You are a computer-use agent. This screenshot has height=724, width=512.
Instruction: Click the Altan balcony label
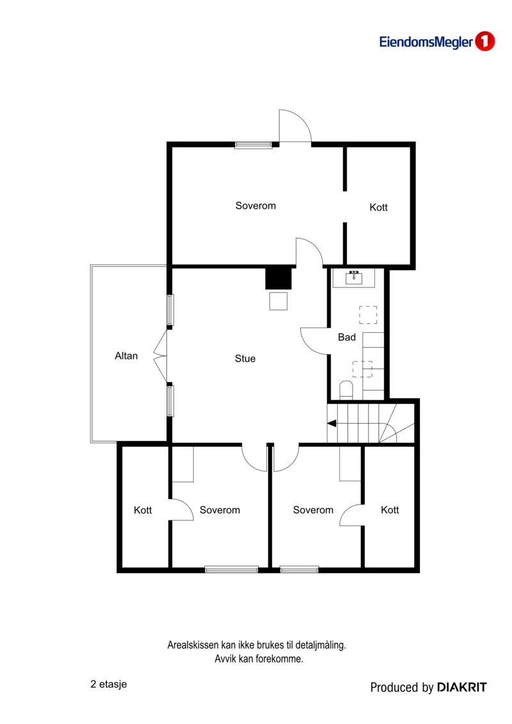[126, 355]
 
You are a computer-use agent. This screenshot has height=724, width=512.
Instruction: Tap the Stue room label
[245, 358]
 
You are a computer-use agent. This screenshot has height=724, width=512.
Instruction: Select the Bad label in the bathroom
[347, 337]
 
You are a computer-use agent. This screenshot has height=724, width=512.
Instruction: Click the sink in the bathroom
[354, 278]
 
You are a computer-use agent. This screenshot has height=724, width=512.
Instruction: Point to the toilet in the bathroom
[346, 390]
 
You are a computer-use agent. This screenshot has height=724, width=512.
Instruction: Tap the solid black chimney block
[278, 278]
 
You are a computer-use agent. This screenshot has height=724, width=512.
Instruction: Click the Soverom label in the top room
[256, 205]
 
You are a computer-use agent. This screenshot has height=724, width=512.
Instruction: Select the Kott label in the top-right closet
[379, 207]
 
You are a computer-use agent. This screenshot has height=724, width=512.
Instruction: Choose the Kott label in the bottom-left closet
[143, 510]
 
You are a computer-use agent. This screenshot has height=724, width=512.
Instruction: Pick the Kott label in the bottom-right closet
[390, 510]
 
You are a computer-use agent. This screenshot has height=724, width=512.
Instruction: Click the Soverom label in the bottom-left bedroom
[220, 510]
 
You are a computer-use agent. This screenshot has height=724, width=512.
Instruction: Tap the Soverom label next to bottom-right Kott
[313, 510]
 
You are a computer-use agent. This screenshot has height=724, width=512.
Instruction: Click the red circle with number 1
[484, 42]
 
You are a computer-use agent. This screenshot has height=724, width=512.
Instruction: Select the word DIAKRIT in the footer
[461, 687]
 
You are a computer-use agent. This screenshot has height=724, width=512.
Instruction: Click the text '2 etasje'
[109, 684]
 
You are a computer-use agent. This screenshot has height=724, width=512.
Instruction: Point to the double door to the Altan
[160, 355]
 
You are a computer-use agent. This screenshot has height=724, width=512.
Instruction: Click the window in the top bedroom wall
[253, 145]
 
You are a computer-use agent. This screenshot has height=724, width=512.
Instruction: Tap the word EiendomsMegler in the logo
[426, 42]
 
